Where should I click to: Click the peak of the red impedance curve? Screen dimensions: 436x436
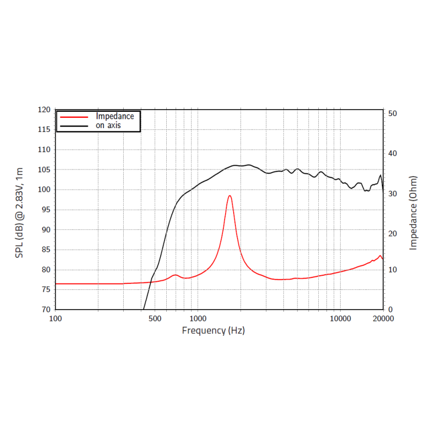230,195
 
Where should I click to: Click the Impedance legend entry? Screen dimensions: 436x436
114,116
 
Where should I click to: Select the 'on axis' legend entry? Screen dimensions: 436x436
108,125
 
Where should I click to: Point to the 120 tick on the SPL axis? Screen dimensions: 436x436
44,110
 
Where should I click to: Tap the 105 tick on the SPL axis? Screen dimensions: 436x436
44,169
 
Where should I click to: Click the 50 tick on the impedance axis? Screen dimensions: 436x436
393,113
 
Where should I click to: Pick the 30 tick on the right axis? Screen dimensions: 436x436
393,193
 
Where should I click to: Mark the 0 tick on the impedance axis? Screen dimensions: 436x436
391,310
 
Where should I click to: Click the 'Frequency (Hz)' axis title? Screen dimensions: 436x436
213,330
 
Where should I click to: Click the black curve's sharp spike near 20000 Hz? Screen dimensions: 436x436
380,175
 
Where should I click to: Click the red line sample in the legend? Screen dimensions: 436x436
74,117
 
